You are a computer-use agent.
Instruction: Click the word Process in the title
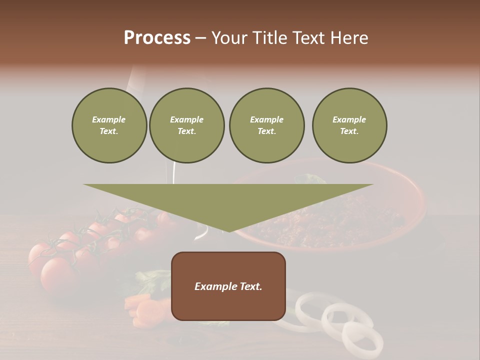[x=157, y=38]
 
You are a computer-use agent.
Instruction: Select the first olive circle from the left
[x=109, y=125]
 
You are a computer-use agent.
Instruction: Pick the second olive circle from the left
[x=186, y=125]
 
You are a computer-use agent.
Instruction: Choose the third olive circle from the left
[x=266, y=125]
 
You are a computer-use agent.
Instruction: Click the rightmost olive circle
[x=349, y=125]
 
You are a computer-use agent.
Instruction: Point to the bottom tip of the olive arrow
[x=229, y=231]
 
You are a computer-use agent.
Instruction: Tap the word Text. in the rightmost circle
[x=349, y=131]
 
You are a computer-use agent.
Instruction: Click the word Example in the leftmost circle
[x=109, y=119]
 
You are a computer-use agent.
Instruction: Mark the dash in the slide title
[x=201, y=38]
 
